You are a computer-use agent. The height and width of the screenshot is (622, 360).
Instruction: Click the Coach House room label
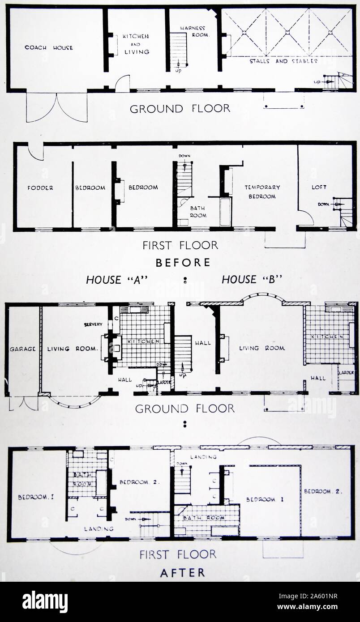click(x=48, y=47)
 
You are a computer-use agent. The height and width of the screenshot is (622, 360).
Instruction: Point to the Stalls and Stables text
click(x=283, y=61)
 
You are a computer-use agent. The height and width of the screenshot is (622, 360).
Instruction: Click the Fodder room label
click(x=40, y=187)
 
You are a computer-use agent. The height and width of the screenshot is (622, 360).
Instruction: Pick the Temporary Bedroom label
click(x=262, y=192)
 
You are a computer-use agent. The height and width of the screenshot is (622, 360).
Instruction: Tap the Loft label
click(x=319, y=187)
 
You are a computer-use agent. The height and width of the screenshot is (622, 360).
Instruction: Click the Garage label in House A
click(x=22, y=349)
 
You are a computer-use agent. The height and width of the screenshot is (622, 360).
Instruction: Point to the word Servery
click(x=93, y=324)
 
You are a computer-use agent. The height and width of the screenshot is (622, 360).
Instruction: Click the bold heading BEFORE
click(x=184, y=262)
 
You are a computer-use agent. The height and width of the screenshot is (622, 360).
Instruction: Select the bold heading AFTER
click(x=183, y=572)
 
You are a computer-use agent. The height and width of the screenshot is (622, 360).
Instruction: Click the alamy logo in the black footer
click(x=45, y=602)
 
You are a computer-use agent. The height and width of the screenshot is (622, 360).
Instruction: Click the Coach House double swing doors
click(x=57, y=107)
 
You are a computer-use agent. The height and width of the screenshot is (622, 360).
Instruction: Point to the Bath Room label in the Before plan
click(x=198, y=212)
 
